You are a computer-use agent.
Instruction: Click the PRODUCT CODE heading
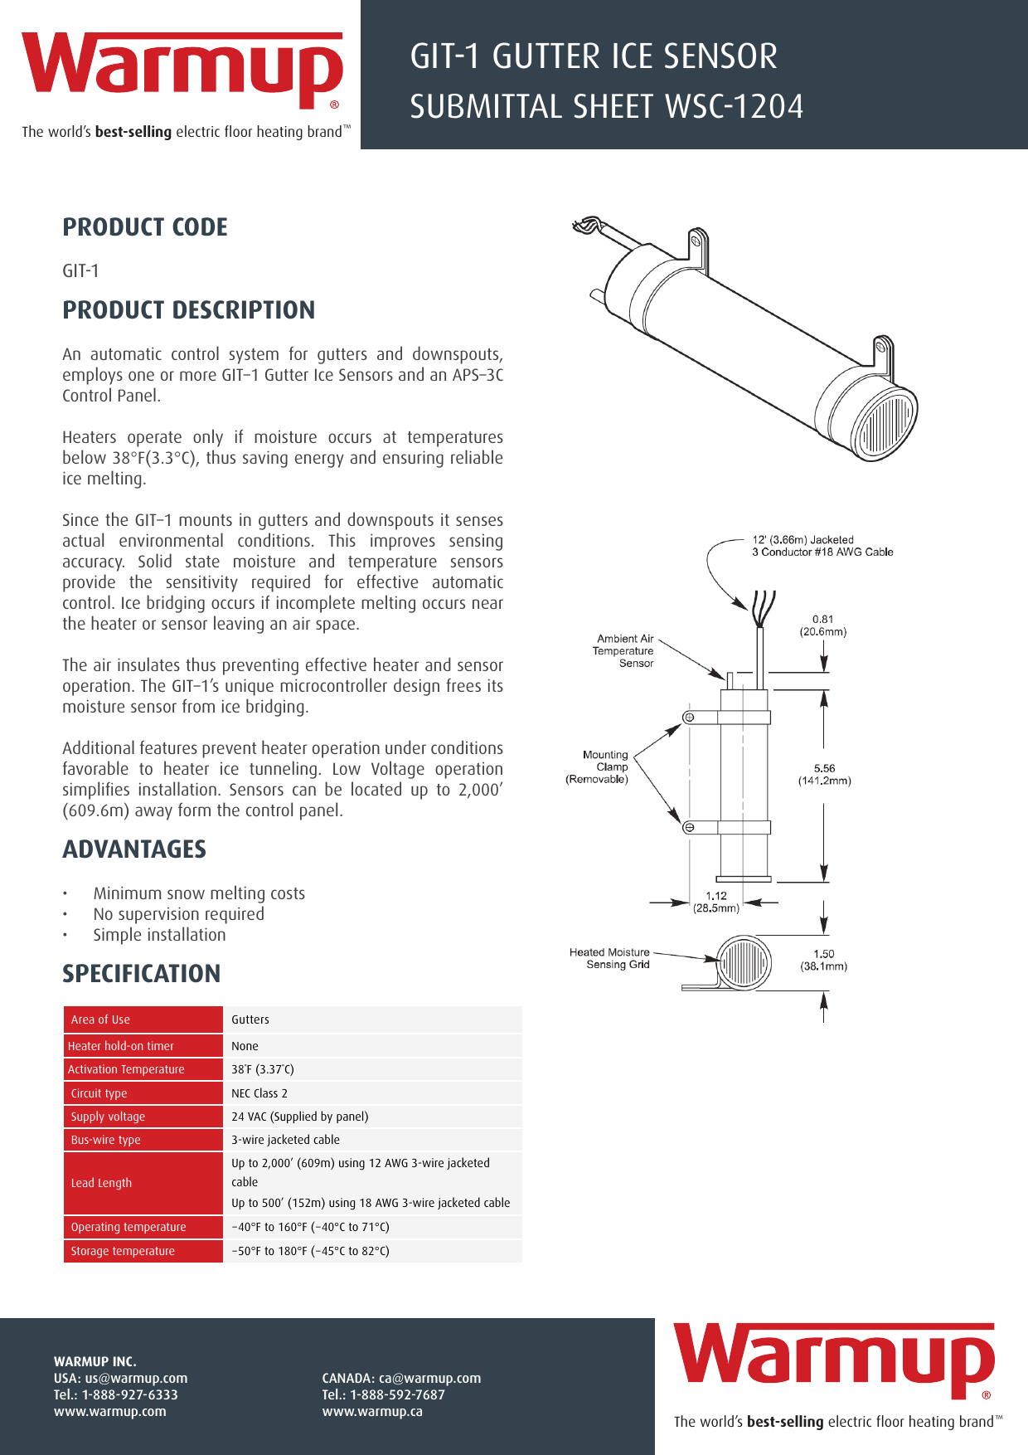click(145, 227)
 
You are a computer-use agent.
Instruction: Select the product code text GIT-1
click(80, 271)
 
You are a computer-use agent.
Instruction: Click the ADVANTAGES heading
click(134, 849)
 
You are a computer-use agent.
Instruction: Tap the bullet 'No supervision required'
click(178, 914)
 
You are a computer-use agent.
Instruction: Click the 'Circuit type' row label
click(99, 1093)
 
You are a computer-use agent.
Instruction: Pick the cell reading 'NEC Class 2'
click(259, 1093)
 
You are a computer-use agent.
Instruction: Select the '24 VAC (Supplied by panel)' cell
click(299, 1117)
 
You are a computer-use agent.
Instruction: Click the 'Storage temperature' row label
click(123, 1251)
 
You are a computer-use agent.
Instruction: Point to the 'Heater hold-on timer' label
click(121, 1046)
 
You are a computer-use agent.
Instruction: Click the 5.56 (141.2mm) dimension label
click(824, 775)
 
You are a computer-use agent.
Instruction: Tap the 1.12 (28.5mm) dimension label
click(716, 902)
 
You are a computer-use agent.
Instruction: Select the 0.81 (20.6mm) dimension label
click(822, 625)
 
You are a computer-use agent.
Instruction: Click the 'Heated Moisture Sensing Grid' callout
click(609, 958)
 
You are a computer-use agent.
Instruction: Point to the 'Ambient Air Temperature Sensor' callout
click(624, 651)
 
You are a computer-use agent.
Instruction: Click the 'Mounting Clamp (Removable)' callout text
click(599, 766)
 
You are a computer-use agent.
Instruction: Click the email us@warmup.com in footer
click(136, 1378)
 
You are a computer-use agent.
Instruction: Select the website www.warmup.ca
click(372, 1411)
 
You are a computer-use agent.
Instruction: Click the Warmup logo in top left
click(182, 71)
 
